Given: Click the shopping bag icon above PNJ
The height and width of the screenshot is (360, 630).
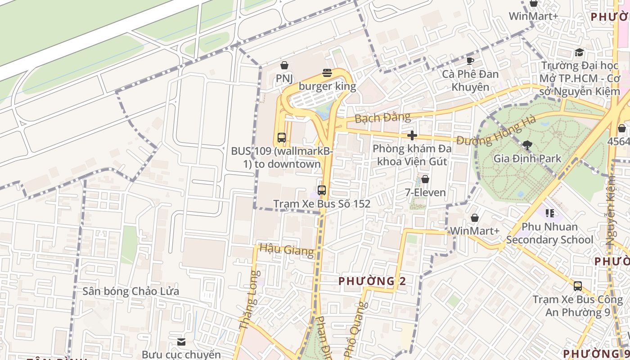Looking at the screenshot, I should pyautogui.click(x=284, y=66).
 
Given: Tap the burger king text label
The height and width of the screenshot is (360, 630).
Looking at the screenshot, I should pyautogui.click(x=327, y=86).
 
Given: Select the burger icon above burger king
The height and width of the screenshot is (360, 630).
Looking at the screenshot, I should pyautogui.click(x=327, y=73).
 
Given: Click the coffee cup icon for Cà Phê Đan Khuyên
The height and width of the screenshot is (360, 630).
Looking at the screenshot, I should pyautogui.click(x=470, y=61).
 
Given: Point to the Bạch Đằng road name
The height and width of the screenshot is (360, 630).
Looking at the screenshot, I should pyautogui.click(x=382, y=118).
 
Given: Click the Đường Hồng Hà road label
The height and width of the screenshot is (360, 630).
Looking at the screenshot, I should pyautogui.click(x=496, y=131).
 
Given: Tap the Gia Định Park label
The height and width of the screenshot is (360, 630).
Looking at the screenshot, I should pyautogui.click(x=527, y=158).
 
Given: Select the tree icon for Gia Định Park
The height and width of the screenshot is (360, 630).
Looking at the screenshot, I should pyautogui.click(x=527, y=145).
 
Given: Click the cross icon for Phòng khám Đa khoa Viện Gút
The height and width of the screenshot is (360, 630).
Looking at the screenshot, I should pyautogui.click(x=412, y=135).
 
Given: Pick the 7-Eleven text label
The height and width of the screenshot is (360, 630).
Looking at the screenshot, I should pyautogui.click(x=425, y=193).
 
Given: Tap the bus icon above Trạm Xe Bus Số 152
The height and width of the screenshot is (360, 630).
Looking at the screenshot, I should pyautogui.click(x=321, y=190).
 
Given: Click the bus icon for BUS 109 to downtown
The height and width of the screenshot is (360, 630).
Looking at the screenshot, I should pyautogui.click(x=282, y=138).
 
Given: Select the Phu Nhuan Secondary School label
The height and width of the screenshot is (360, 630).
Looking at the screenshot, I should pyautogui.click(x=549, y=233).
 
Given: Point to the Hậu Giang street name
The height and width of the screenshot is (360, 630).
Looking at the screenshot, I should pyautogui.click(x=287, y=249).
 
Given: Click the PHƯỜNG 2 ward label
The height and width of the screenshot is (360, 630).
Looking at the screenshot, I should pyautogui.click(x=372, y=281).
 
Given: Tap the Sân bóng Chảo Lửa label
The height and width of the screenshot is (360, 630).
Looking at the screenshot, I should pyautogui.click(x=130, y=291).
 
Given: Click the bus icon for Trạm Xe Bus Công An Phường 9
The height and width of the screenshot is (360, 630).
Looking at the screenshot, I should pyautogui.click(x=578, y=286).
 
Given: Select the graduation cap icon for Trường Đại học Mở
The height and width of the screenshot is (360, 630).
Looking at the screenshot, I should pyautogui.click(x=579, y=53).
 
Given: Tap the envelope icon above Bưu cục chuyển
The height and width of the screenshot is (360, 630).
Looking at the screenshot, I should pyautogui.click(x=181, y=342).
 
